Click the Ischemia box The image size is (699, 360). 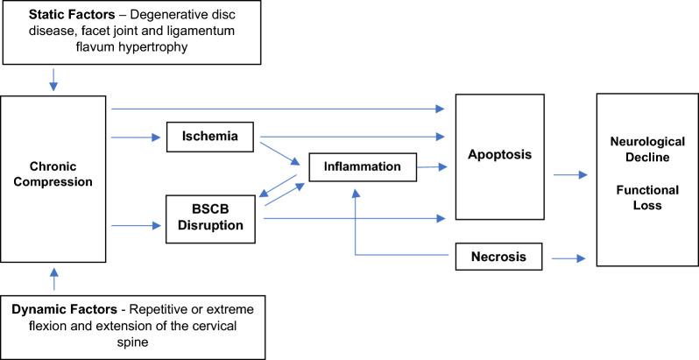click(212, 137)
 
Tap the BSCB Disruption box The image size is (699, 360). click(212, 218)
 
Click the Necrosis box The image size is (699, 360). click(497, 257)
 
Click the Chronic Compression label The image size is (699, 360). click(54, 174)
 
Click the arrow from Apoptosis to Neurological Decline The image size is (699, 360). click(569, 175)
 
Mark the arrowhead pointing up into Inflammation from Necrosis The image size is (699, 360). click(355, 191)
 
